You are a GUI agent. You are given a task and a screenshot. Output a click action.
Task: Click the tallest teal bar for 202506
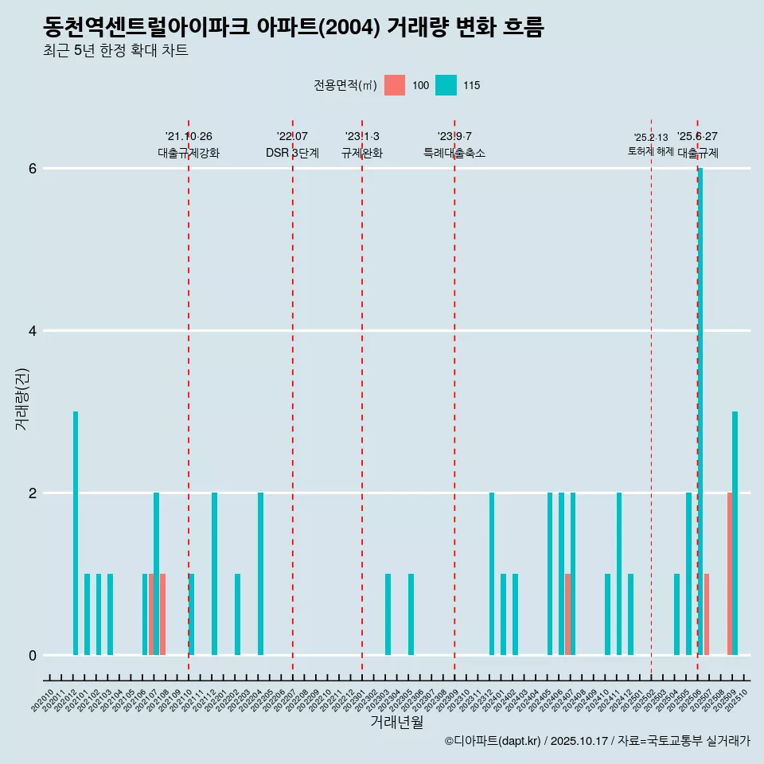point(700,411)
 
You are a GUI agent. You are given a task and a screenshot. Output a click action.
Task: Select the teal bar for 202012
point(76,533)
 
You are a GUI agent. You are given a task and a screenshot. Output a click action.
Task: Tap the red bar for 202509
point(729,574)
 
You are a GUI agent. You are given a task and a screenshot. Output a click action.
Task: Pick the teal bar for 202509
point(735,533)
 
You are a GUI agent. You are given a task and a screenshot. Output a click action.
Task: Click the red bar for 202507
point(706,614)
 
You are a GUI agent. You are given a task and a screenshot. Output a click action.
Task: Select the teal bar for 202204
point(260,574)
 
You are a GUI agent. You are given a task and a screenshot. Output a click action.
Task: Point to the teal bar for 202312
point(492,574)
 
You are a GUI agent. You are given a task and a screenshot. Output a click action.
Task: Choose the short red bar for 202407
point(567,614)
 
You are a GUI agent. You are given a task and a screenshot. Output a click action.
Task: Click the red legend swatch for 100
point(395,85)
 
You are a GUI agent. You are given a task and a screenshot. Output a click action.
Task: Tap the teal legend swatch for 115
point(446,85)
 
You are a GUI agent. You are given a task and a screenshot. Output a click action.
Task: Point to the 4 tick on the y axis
point(33,331)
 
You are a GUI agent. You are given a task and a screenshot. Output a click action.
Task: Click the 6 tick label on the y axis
point(33,169)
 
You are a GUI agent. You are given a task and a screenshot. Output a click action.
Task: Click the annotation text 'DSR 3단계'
point(292,153)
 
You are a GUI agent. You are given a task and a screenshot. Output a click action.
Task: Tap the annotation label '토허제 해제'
point(650,150)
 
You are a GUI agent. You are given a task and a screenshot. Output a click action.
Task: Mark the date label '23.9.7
point(454,136)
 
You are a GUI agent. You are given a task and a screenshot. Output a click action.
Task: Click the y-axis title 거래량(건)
point(21,398)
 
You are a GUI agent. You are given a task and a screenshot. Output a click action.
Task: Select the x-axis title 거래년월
point(396,722)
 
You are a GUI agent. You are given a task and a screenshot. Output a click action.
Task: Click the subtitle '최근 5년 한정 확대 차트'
point(115,51)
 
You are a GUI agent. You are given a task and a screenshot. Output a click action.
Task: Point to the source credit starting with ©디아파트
point(597,741)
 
